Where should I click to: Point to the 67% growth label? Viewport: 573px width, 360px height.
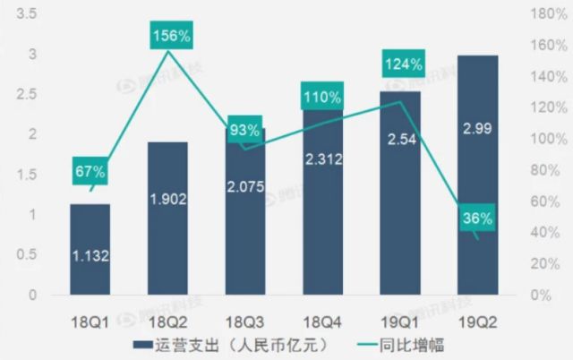click(x=90, y=171)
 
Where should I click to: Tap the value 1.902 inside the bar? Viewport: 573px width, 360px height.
click(x=167, y=200)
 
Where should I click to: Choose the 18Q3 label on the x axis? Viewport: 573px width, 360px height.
click(x=244, y=319)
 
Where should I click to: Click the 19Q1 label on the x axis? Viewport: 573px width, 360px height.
click(x=398, y=319)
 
